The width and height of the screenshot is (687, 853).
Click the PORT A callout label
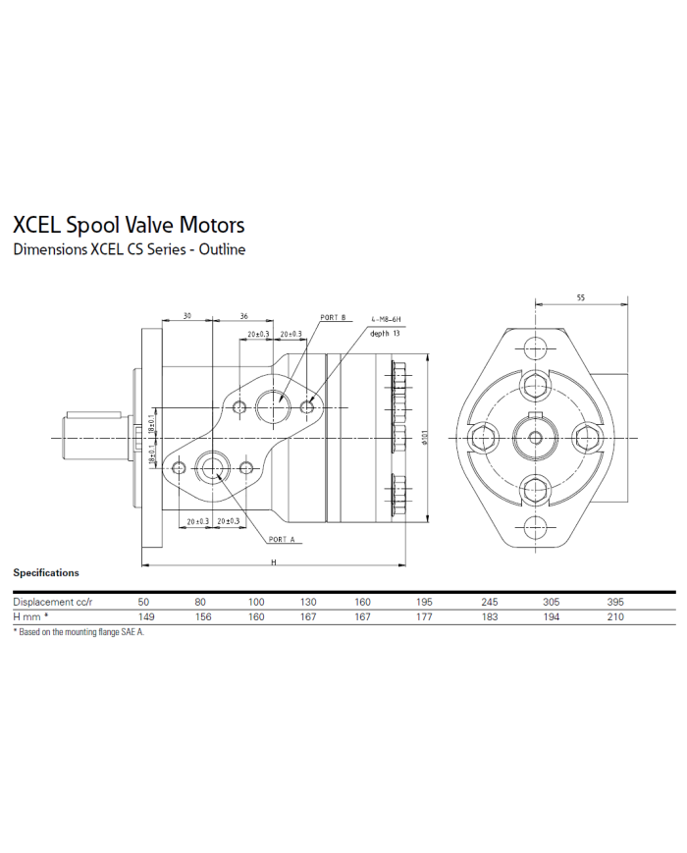[x=281, y=540]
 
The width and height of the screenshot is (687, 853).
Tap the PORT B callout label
[x=334, y=318]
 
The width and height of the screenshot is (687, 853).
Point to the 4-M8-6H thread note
[x=386, y=320]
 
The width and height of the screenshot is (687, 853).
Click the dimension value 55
[x=580, y=297]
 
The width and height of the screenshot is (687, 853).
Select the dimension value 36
[x=243, y=317]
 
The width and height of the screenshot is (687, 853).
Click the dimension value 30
[x=186, y=317]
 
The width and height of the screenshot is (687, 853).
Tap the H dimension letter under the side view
[x=275, y=561]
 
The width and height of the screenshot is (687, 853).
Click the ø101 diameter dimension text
[x=422, y=439]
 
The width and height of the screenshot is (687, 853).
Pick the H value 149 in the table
[x=145, y=617]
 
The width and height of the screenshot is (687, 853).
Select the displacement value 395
[x=615, y=602]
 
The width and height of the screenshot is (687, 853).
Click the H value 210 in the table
[x=615, y=617]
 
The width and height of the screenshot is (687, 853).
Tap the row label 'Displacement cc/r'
[x=52, y=602]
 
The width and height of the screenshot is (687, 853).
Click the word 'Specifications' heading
[x=46, y=572]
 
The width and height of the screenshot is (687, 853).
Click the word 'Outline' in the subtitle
[x=222, y=249]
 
